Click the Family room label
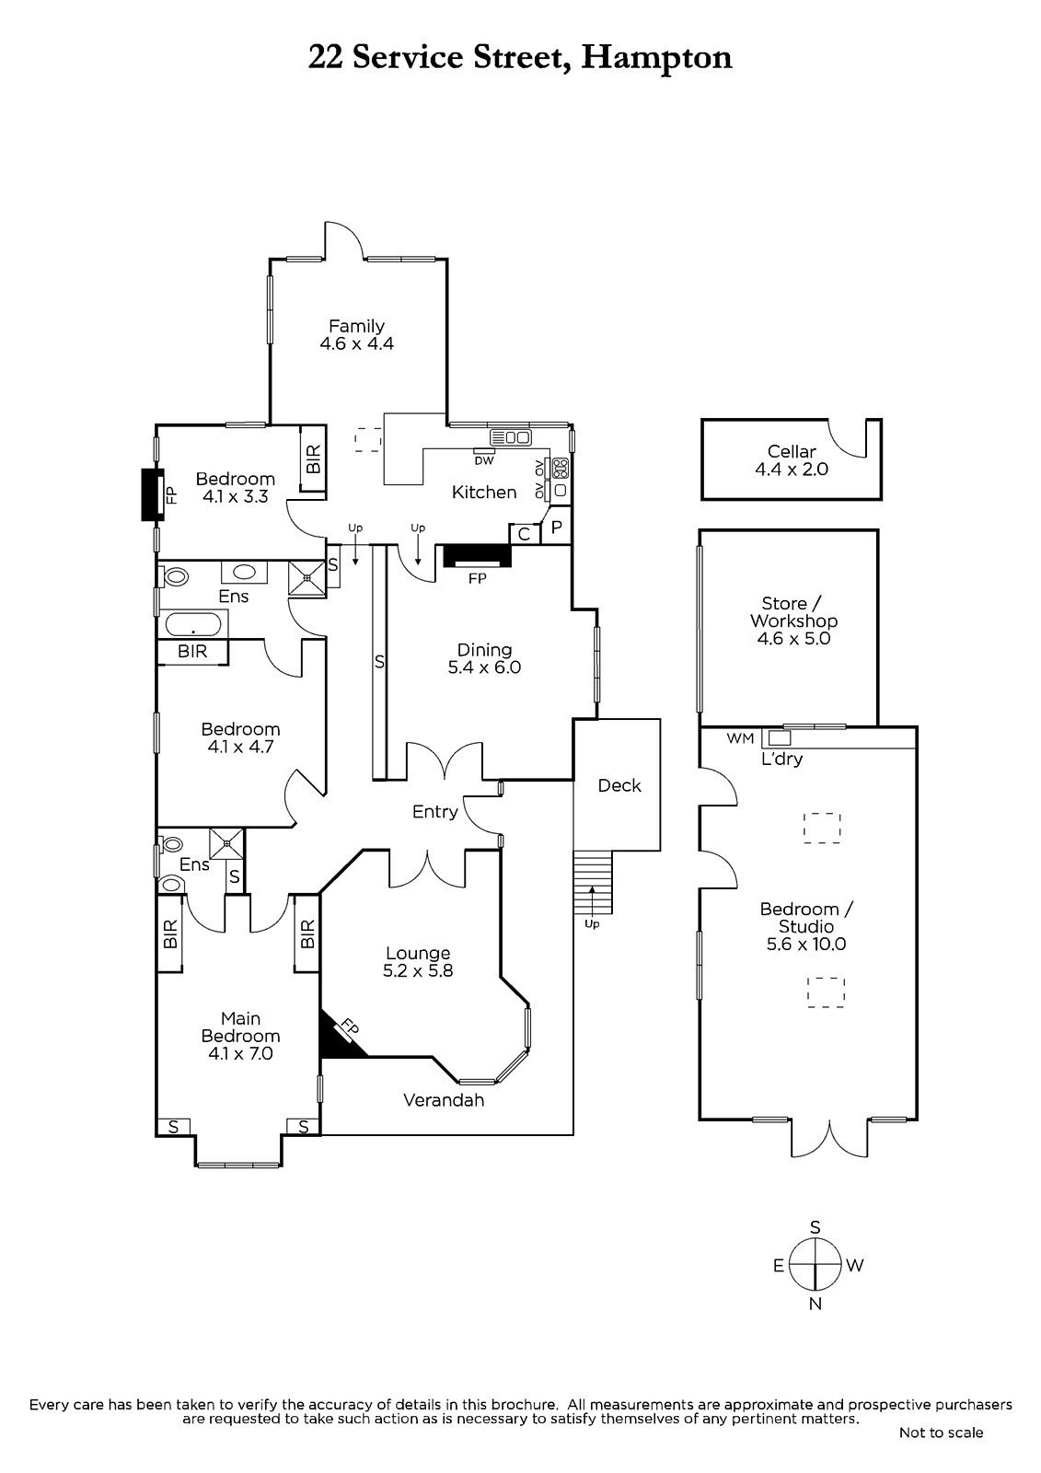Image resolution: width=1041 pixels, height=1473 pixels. (356, 334)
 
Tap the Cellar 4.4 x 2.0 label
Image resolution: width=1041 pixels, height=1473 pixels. (792, 460)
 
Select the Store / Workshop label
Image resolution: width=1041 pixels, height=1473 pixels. (793, 621)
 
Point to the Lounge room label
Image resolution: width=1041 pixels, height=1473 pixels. (418, 961)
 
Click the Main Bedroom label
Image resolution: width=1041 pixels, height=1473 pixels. (240, 1036)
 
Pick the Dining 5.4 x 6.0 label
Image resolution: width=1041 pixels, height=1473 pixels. (485, 658)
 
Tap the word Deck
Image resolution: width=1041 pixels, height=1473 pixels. (619, 785)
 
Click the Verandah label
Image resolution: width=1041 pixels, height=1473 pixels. (444, 1099)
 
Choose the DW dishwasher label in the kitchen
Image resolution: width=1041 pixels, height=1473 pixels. (483, 461)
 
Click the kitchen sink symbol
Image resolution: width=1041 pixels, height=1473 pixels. (510, 436)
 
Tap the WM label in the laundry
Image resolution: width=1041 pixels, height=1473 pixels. (740, 738)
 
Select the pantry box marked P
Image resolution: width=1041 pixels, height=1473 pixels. (556, 526)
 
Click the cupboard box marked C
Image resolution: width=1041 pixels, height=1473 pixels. (524, 534)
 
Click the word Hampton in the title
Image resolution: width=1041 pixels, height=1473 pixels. (656, 58)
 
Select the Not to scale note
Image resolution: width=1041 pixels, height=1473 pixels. (941, 1432)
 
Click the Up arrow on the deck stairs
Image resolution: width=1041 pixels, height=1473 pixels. (591, 899)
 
